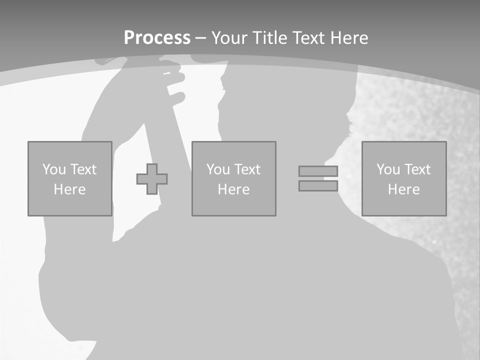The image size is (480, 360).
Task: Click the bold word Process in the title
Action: click(x=157, y=38)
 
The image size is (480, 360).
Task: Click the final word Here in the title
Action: click(x=350, y=38)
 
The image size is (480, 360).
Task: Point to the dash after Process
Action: click(x=200, y=38)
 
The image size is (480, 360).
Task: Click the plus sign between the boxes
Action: click(x=152, y=179)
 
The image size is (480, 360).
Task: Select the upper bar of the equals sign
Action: click(x=318, y=171)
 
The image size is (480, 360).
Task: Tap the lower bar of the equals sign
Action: click(x=318, y=186)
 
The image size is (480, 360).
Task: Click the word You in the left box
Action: click(x=54, y=169)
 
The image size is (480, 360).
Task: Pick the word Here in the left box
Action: click(x=69, y=189)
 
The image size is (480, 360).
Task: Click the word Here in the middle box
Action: click(x=233, y=189)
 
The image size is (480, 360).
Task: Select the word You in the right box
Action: click(x=388, y=169)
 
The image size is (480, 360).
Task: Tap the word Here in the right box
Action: click(x=403, y=189)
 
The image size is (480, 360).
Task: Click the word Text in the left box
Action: click(x=83, y=169)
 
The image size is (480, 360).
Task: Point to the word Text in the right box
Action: click(x=417, y=169)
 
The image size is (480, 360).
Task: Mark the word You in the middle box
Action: click(x=218, y=169)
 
